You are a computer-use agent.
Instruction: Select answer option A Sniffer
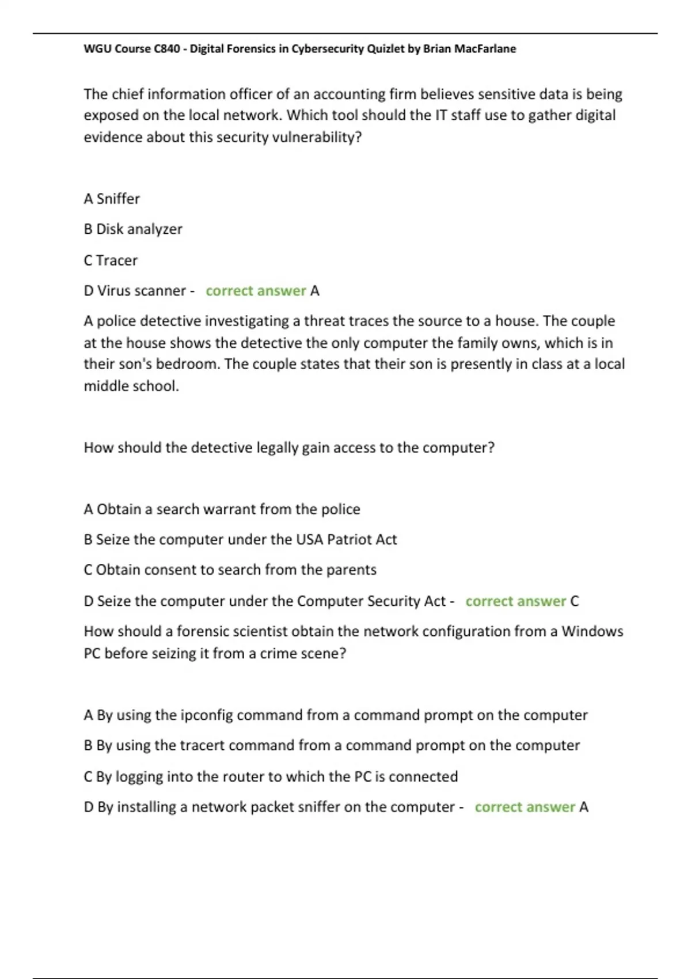(x=112, y=199)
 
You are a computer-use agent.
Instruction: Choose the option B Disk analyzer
(x=133, y=229)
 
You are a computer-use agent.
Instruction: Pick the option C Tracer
(x=111, y=260)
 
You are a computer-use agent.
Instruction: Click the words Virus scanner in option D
(x=141, y=291)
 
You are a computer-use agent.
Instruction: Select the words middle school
(x=131, y=386)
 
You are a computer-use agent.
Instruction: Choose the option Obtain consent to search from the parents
(x=230, y=570)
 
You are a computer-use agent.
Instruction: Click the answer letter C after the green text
(x=574, y=601)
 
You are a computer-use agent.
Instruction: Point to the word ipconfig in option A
(x=207, y=715)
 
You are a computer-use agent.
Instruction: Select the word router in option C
(x=238, y=776)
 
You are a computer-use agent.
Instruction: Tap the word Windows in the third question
(x=592, y=631)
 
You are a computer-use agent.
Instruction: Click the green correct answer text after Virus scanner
(x=256, y=291)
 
